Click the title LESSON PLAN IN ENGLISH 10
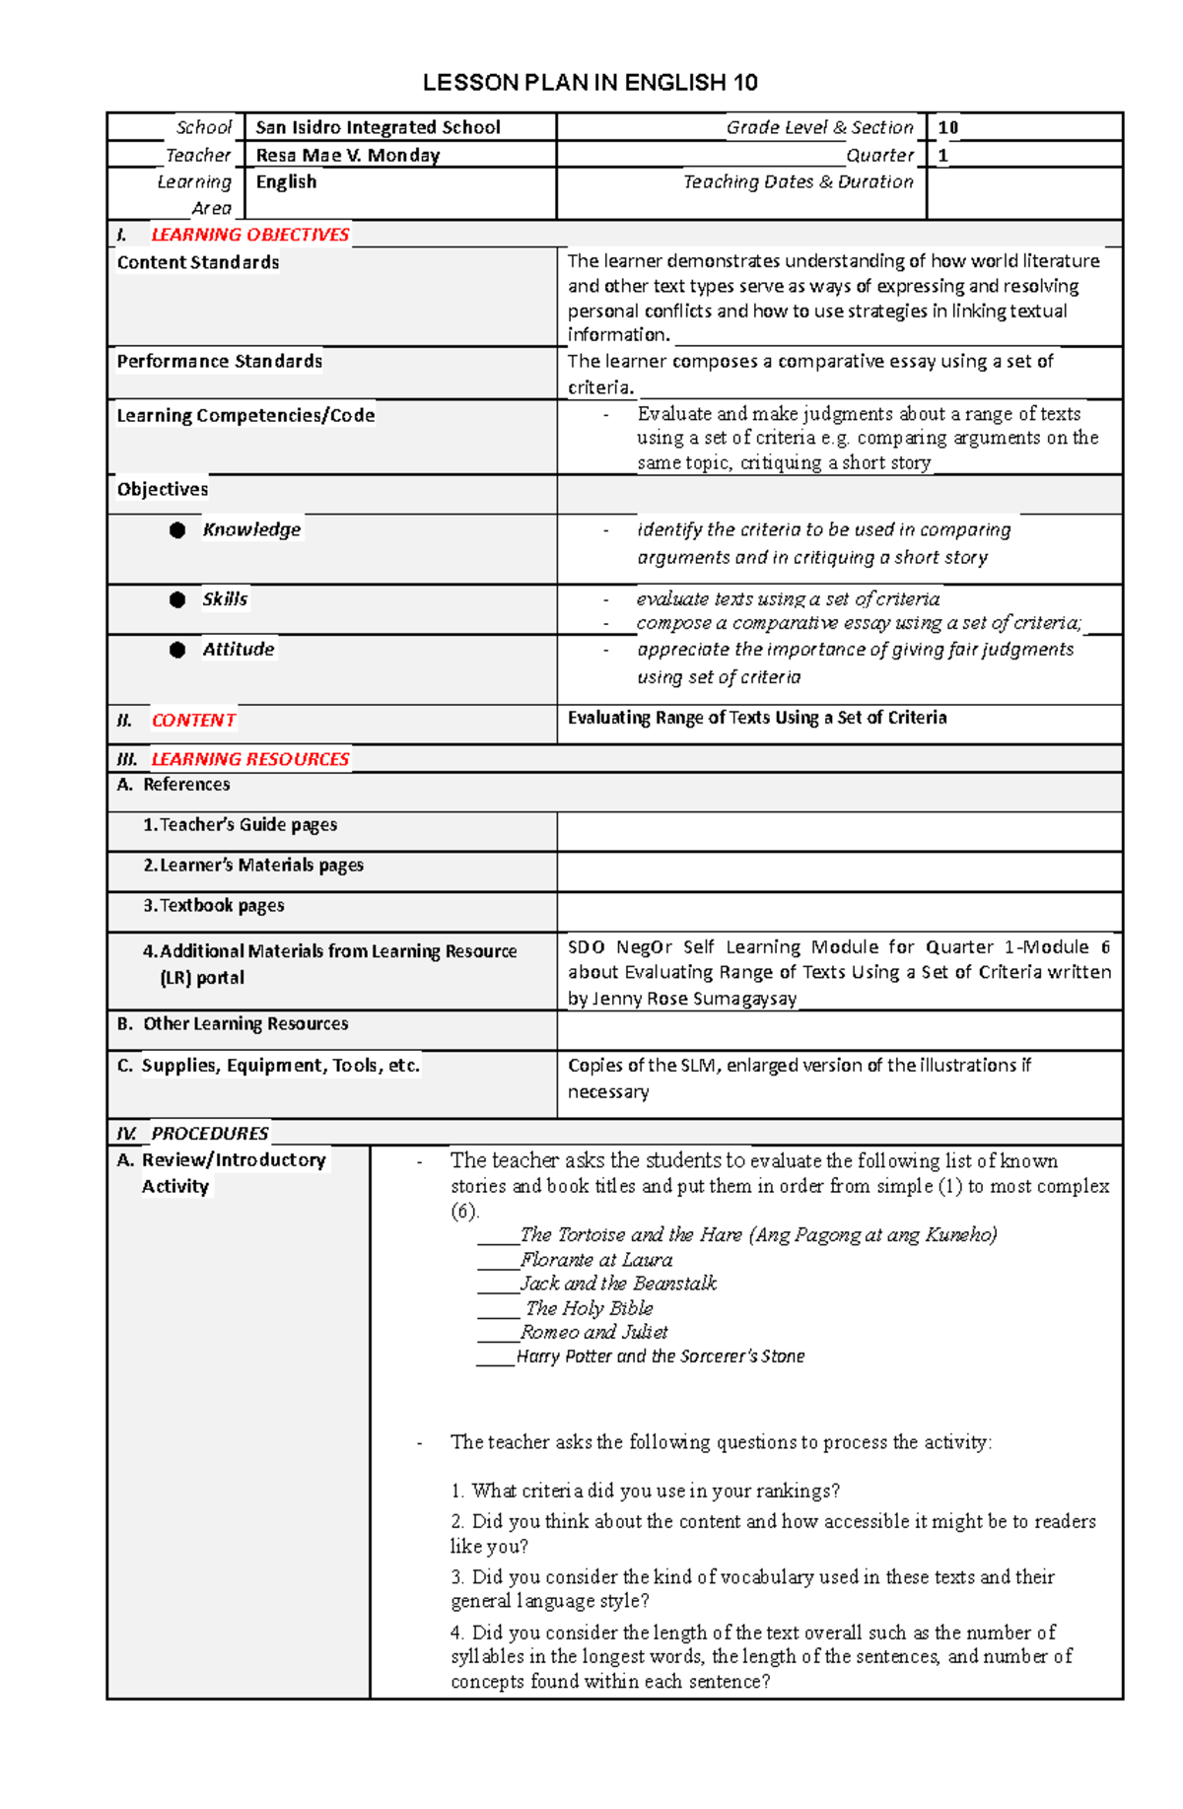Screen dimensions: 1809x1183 coord(590,83)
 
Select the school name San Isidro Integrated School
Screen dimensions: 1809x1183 coord(378,127)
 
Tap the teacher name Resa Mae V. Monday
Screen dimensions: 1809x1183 coord(347,155)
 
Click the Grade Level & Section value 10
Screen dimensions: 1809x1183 coord(947,127)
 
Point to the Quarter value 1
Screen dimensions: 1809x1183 coord(942,155)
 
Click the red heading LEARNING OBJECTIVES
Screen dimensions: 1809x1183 coord(249,235)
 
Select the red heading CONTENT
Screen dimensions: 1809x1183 coord(193,721)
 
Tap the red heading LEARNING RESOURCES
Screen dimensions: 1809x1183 coord(249,759)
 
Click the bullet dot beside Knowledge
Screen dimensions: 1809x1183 coord(177,530)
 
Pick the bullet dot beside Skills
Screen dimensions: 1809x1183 coord(177,599)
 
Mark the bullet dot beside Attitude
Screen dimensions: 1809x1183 coord(177,650)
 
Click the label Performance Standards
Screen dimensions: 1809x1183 coord(219,362)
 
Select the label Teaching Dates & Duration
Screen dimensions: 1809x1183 coord(798,181)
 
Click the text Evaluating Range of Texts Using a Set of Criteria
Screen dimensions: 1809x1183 coord(756,718)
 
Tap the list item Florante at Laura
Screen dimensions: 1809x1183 coord(596,1260)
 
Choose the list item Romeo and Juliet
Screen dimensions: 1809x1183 coord(593,1333)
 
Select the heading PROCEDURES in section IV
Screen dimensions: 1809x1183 coord(209,1134)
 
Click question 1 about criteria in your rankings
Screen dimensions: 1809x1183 coord(646,1491)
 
